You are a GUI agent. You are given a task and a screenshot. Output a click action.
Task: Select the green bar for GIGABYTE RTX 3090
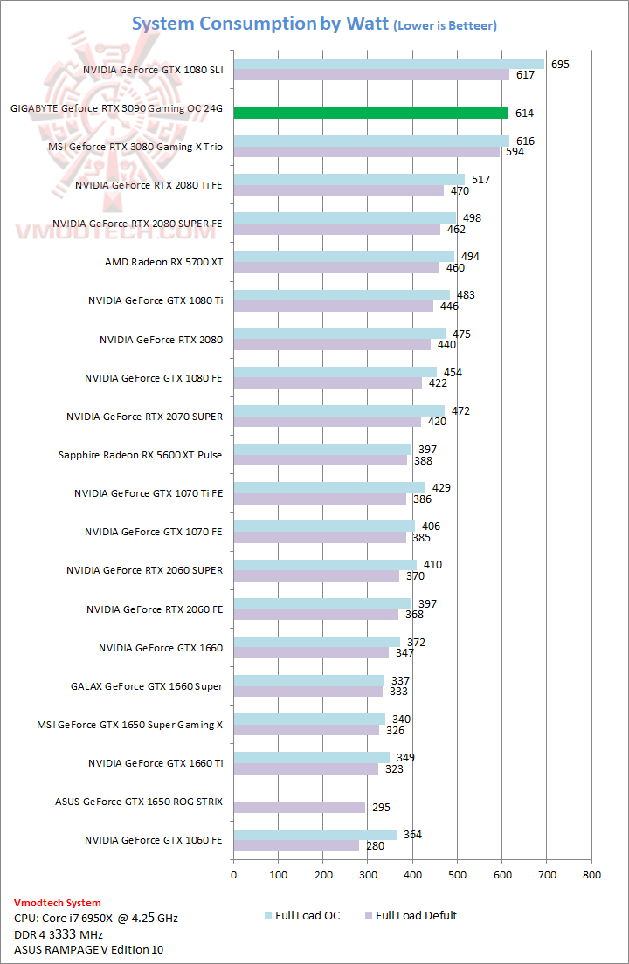tap(370, 114)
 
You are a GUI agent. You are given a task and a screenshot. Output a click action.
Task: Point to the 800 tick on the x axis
tap(591, 873)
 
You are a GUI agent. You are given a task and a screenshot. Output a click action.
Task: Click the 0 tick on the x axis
tap(233, 873)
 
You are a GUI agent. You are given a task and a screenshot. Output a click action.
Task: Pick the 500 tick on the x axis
tap(457, 873)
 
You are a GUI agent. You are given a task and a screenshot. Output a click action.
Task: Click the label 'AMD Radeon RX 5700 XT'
tap(163, 262)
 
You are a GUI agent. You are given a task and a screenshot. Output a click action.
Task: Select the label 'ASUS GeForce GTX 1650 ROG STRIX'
tap(139, 802)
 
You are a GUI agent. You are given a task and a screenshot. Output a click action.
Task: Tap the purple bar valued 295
tap(299, 808)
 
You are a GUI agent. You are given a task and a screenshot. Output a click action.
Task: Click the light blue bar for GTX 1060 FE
tap(314, 835)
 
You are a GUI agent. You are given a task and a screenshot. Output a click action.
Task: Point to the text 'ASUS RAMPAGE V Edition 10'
tap(88, 949)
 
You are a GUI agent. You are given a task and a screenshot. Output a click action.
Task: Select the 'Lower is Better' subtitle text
tap(446, 26)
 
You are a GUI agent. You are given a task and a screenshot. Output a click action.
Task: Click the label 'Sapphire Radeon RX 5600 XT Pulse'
tap(141, 455)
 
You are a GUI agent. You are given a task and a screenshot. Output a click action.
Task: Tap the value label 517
tap(481, 180)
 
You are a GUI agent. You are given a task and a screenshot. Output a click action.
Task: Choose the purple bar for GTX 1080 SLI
tap(370, 75)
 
